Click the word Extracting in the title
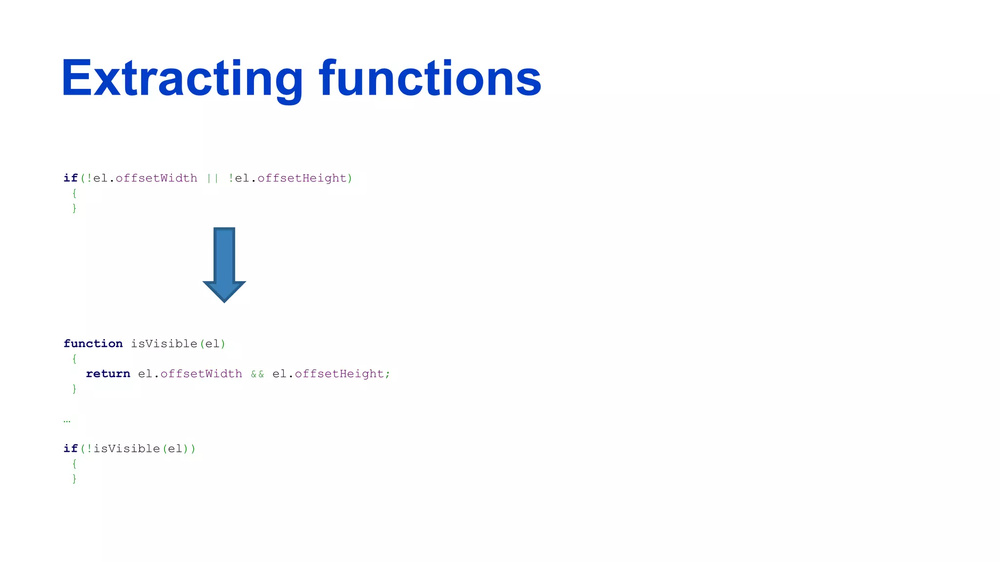(x=182, y=79)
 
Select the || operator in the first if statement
(x=213, y=178)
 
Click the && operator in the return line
(x=257, y=374)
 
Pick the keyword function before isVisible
(x=93, y=344)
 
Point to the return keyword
(x=108, y=374)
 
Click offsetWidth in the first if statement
(x=156, y=178)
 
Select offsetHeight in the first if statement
(x=302, y=178)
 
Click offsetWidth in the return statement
(x=201, y=374)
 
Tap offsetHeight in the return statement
(x=339, y=374)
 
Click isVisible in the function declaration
(x=164, y=344)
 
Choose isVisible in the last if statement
(x=127, y=449)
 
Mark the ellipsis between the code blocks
(x=67, y=421)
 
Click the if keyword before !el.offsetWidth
(x=70, y=178)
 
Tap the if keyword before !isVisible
(x=70, y=449)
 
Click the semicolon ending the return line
(x=388, y=374)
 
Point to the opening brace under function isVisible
(x=74, y=359)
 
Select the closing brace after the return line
(x=74, y=389)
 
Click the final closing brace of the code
(x=74, y=479)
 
